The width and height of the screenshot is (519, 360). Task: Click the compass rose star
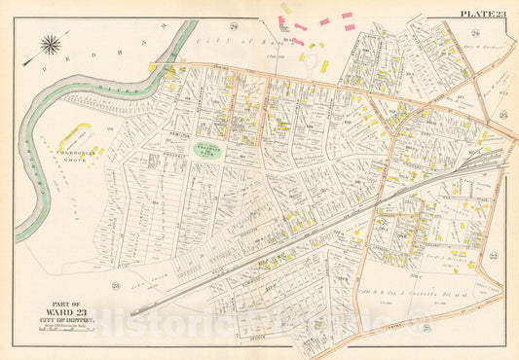tap(51, 43)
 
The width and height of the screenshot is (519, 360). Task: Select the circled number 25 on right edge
tap(503, 116)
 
